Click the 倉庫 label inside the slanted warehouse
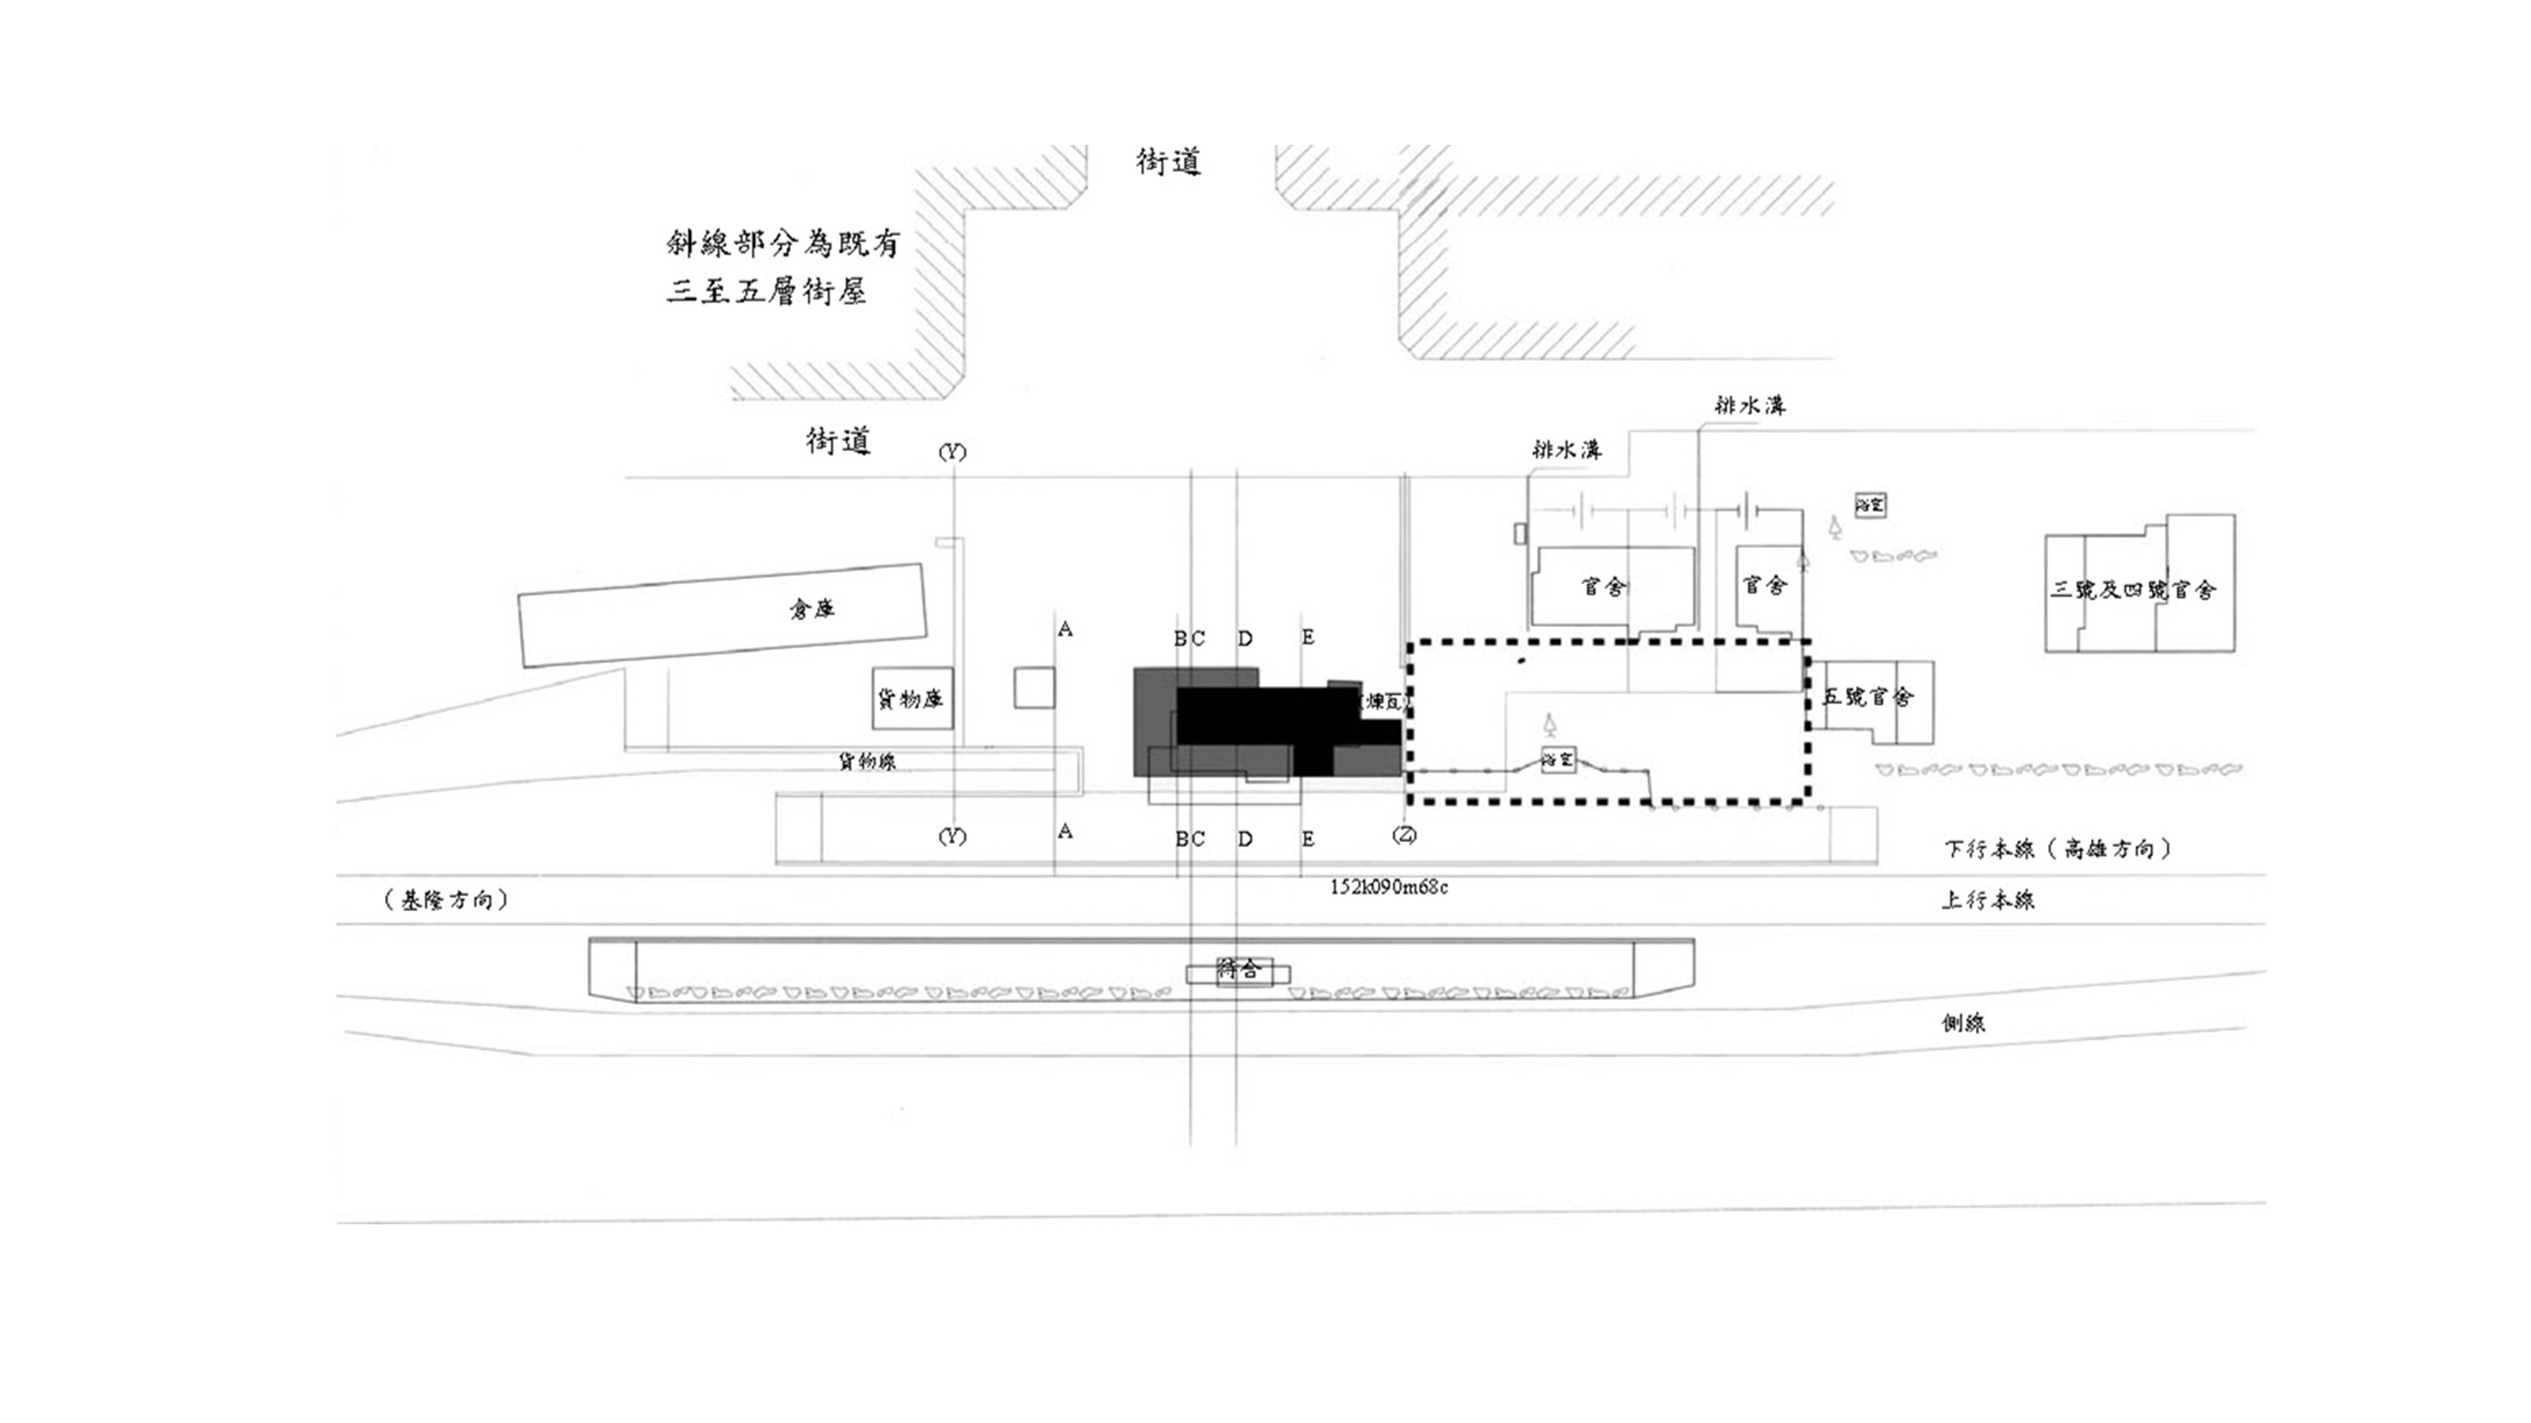click(x=812, y=609)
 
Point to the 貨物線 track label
click(x=866, y=761)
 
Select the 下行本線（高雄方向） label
click(x=2059, y=849)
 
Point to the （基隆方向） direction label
click(x=447, y=900)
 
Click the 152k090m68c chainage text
click(x=1388, y=887)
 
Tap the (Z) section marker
click(x=1404, y=836)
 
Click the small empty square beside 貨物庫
click(x=1035, y=687)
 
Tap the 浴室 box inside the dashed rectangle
click(x=1557, y=759)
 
